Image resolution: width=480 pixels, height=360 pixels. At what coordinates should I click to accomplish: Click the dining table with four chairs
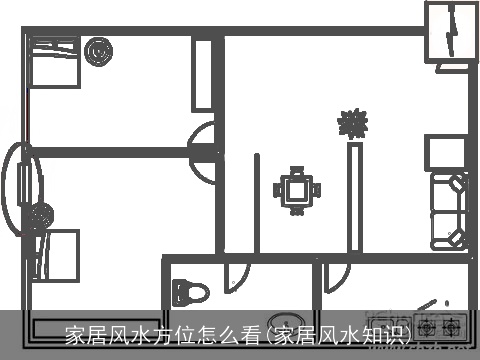[x=297, y=189]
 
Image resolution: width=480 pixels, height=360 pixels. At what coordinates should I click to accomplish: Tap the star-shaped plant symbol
[x=352, y=123]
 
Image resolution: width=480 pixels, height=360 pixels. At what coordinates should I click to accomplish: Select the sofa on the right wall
[x=446, y=211]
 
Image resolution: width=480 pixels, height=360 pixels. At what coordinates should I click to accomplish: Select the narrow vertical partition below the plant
[x=354, y=198]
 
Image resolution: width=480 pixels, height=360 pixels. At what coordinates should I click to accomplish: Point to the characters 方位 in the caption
[x=173, y=333]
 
